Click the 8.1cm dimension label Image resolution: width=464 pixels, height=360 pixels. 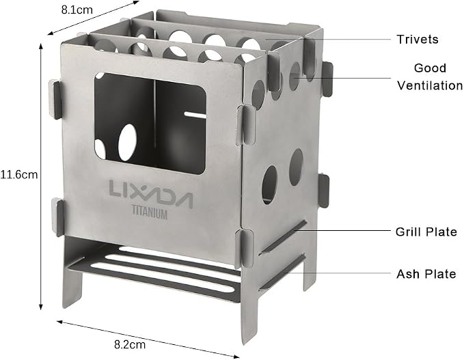(x=77, y=10)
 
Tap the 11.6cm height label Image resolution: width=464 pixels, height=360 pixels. (x=19, y=174)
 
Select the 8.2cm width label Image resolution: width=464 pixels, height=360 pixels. (x=130, y=344)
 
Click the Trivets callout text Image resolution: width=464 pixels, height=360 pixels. (x=418, y=40)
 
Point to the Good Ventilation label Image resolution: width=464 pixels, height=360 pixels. (x=430, y=77)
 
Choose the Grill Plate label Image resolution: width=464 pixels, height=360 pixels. (x=426, y=232)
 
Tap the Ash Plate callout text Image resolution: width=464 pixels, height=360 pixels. (x=426, y=274)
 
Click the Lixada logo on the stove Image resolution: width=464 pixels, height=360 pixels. (x=151, y=194)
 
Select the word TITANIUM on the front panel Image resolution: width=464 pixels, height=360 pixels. (x=150, y=213)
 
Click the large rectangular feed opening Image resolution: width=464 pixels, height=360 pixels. (x=150, y=123)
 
